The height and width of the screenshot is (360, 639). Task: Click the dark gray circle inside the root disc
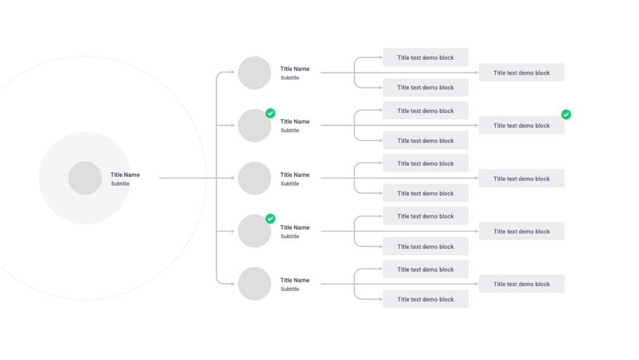pyautogui.click(x=85, y=178)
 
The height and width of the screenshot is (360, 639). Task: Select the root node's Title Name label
pyautogui.click(x=125, y=175)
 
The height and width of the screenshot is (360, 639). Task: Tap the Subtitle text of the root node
pyautogui.click(x=120, y=184)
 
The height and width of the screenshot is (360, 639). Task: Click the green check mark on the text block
pyautogui.click(x=566, y=114)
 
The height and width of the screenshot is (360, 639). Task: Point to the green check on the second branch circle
pyautogui.click(x=270, y=113)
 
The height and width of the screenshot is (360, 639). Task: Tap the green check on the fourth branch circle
pyautogui.click(x=270, y=219)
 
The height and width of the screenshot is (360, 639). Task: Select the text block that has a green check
pyautogui.click(x=522, y=126)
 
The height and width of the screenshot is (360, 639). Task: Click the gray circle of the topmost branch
pyautogui.click(x=254, y=73)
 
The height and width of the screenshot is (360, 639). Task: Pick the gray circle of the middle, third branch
pyautogui.click(x=254, y=178)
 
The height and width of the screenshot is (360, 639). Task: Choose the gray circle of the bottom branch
pyautogui.click(x=254, y=284)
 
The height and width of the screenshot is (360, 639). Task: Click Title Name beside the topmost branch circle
pyautogui.click(x=295, y=69)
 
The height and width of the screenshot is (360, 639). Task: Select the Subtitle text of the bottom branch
pyautogui.click(x=290, y=289)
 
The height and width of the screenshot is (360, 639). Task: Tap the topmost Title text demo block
pyautogui.click(x=425, y=57)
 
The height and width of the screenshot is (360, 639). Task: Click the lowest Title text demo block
pyautogui.click(x=425, y=299)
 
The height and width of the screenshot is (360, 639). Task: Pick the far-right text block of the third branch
pyautogui.click(x=522, y=179)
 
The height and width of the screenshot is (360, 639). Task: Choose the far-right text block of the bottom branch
pyautogui.click(x=522, y=284)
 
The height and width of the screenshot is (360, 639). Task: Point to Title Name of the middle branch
pyautogui.click(x=295, y=175)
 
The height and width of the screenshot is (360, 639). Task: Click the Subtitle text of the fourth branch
pyautogui.click(x=290, y=236)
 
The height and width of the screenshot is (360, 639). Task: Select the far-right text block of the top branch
pyautogui.click(x=522, y=73)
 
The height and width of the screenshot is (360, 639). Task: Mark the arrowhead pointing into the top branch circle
pyautogui.click(x=233, y=72)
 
